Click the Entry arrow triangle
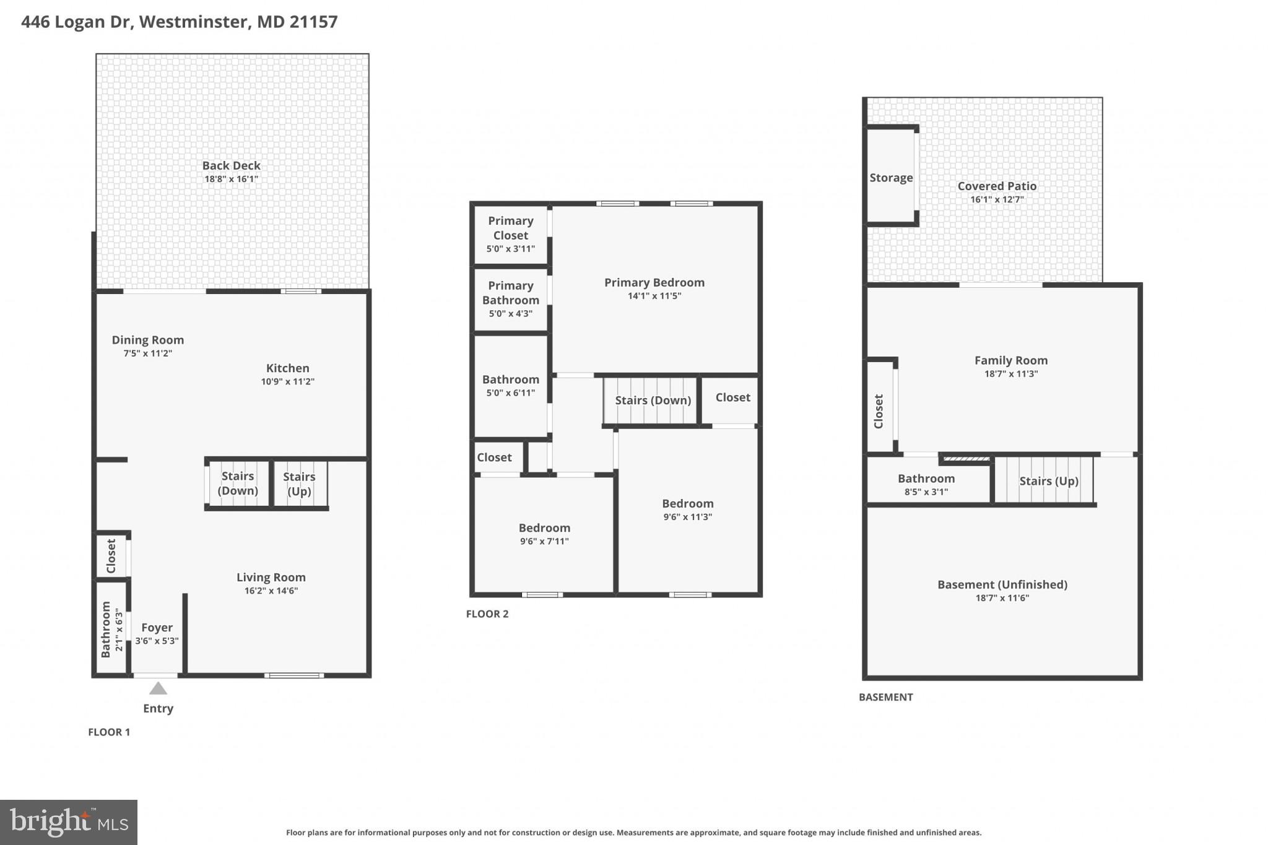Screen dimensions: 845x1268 158,688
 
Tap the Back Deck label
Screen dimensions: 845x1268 231,166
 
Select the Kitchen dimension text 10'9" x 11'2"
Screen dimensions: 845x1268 287,382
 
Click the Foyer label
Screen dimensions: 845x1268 157,628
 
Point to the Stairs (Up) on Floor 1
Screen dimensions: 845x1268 300,483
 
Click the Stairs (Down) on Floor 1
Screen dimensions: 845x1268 238,483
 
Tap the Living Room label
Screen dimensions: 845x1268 271,578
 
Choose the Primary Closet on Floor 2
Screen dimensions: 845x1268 510,233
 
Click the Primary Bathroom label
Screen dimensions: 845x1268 510,293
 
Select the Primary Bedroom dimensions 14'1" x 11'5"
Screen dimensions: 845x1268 654,296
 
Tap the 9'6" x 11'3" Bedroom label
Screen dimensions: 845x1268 687,504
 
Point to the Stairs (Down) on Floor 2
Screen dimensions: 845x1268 653,401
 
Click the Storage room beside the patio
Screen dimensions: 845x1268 890,178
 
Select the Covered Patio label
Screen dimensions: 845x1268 996,186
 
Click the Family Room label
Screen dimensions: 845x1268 1010,360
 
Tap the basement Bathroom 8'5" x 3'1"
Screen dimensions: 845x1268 926,484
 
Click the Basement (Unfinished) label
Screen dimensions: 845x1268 1002,585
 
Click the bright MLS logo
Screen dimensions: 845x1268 69,822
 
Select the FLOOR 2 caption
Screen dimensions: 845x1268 487,614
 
